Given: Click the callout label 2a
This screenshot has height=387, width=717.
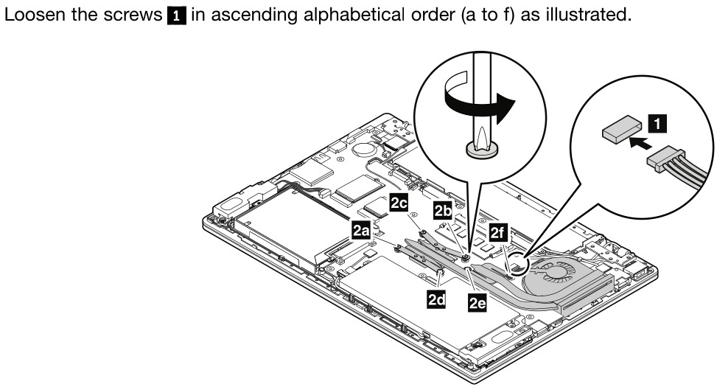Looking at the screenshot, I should point(360,231).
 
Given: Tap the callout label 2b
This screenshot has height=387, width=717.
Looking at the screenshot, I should point(443,211).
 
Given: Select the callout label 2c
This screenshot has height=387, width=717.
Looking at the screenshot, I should point(399,204).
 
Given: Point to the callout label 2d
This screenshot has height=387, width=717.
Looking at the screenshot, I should point(436,299).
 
